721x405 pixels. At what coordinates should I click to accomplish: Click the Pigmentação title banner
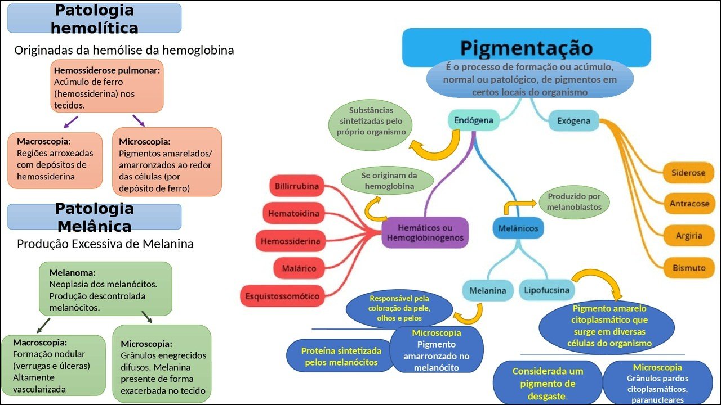[x=526, y=47]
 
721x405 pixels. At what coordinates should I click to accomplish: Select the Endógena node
[x=473, y=120]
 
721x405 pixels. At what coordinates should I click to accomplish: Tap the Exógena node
[x=573, y=121]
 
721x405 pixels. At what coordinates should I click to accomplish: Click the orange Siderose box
[x=688, y=173]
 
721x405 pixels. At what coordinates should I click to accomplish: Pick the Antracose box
[x=689, y=204]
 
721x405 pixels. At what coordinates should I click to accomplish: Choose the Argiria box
[x=689, y=236]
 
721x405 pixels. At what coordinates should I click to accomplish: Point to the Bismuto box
[x=688, y=268]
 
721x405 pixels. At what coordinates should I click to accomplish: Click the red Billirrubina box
[x=296, y=186]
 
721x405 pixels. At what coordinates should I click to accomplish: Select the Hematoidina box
[x=293, y=213]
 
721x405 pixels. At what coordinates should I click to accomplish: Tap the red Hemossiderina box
[x=290, y=241]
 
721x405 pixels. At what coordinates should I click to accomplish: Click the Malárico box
[x=299, y=268]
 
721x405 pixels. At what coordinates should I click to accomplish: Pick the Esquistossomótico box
[x=282, y=296]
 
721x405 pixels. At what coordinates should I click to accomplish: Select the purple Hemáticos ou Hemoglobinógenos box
[x=425, y=233]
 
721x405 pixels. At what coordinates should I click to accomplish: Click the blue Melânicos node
[x=518, y=228]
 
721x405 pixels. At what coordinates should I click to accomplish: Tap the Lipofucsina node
[x=547, y=290]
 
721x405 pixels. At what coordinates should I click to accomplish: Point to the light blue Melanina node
[x=488, y=291]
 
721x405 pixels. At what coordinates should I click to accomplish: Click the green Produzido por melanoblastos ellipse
[x=574, y=202]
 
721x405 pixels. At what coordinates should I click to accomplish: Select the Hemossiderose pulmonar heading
[x=107, y=71]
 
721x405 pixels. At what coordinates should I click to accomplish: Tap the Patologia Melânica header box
[x=94, y=217]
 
